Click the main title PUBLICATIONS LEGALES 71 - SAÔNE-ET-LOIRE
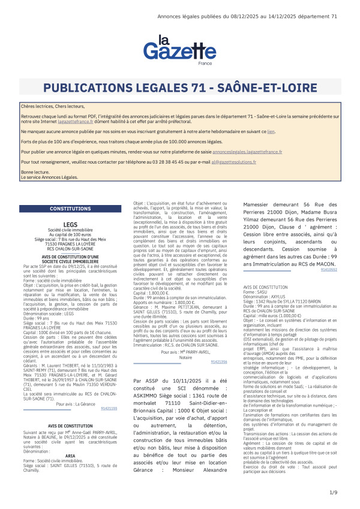pos(179,88)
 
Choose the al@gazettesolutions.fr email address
pos(229,162)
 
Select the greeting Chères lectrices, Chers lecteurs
pos(47,106)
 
